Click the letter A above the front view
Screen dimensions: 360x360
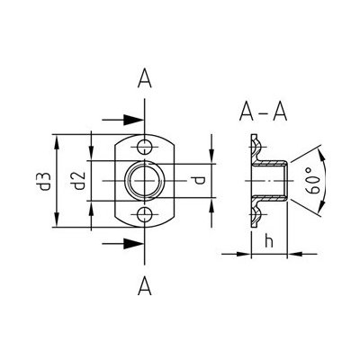coord(145,80)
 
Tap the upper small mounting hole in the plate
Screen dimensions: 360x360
coord(145,146)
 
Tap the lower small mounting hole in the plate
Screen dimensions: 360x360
coord(145,213)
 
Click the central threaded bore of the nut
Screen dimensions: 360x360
coord(145,180)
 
